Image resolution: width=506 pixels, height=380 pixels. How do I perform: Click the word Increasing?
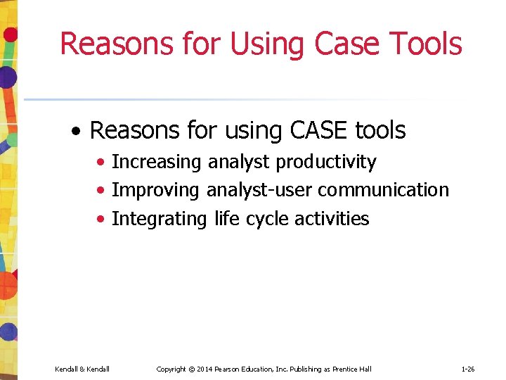[x=157, y=162]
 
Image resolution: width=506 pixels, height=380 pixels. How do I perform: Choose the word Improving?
[x=156, y=191]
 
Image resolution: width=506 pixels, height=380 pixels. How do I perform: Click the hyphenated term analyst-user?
[x=259, y=191]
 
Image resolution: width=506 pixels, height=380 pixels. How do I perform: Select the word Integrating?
[x=160, y=219]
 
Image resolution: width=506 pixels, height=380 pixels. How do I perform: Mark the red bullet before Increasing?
[x=103, y=163]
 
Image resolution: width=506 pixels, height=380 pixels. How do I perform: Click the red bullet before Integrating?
[x=103, y=220]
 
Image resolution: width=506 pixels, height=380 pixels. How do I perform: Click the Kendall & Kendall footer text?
[x=82, y=369]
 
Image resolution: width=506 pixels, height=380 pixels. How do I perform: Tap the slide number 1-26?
[x=469, y=369]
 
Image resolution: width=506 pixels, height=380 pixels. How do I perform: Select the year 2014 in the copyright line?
[x=205, y=369]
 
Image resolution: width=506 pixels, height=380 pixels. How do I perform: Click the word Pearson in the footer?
[x=231, y=369]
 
